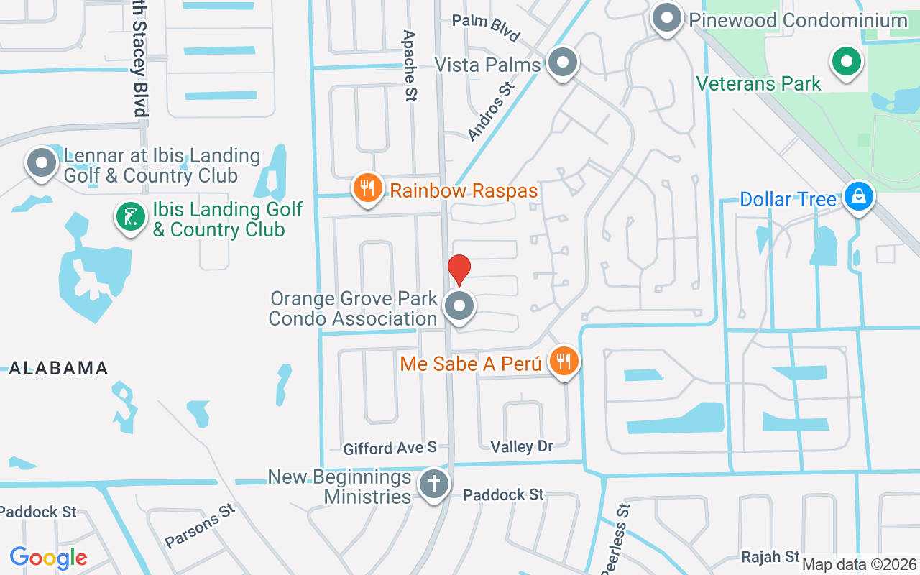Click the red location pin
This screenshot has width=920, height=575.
(x=459, y=269)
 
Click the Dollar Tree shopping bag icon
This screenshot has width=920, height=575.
(x=857, y=195)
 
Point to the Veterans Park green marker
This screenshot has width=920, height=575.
(x=847, y=62)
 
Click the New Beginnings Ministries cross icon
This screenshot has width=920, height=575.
(x=433, y=484)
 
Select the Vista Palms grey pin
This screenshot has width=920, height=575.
(x=562, y=63)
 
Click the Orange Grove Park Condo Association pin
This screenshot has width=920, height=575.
(x=459, y=307)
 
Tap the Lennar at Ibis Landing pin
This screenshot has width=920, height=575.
(x=42, y=163)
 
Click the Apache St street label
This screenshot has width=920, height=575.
(x=410, y=65)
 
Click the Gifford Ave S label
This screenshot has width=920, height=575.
(x=390, y=448)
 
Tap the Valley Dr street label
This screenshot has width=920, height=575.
(x=522, y=446)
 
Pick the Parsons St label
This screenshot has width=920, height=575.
(x=200, y=525)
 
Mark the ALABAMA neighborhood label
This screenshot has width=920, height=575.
(x=58, y=369)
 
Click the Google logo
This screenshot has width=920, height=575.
(x=48, y=557)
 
